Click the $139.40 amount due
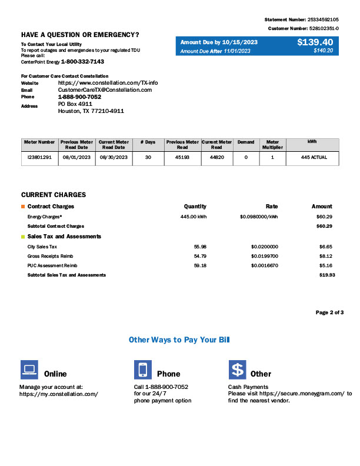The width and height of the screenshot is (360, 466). [x=315, y=42]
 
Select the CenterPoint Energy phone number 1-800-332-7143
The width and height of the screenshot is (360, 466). [x=82, y=61]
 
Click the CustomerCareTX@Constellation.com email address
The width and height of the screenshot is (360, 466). [x=105, y=89]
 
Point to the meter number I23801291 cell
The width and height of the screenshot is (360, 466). [x=40, y=158]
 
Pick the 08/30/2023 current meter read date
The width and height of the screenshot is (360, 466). [x=114, y=158]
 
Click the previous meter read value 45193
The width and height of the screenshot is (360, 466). [x=182, y=158]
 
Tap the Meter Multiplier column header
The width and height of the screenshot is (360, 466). [x=272, y=145]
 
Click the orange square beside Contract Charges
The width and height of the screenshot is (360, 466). [x=23, y=207]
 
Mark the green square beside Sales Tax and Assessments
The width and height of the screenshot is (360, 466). [x=23, y=237]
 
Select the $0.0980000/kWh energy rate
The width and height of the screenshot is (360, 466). [x=259, y=217]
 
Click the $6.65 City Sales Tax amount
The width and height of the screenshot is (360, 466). [x=326, y=247]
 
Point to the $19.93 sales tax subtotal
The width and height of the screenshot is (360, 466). [x=325, y=275]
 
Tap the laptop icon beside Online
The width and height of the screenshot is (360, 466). [x=29, y=370]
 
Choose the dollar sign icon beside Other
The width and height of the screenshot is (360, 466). [x=237, y=370]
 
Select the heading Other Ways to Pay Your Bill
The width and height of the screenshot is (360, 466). [x=179, y=340]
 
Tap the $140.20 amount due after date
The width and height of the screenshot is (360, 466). [x=323, y=51]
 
